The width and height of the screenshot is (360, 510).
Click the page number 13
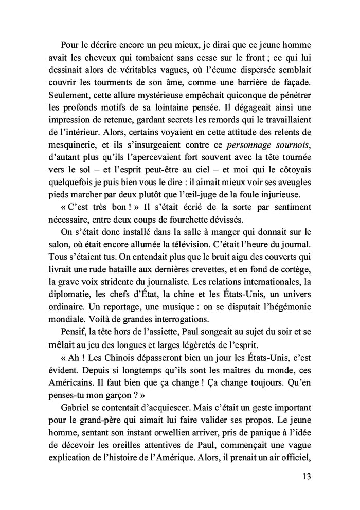(x=307, y=476)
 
